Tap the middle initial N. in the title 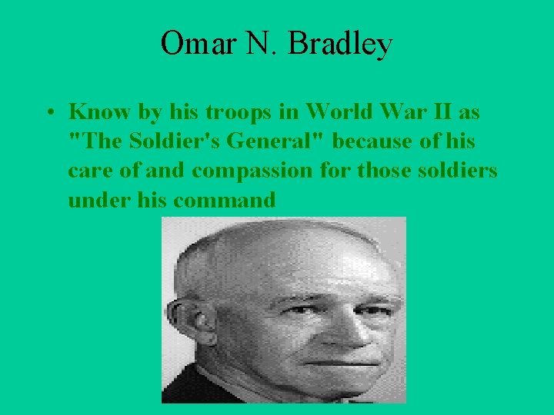[263, 44]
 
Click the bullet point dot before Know [48, 113]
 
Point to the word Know [95, 112]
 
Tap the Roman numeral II [440, 112]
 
